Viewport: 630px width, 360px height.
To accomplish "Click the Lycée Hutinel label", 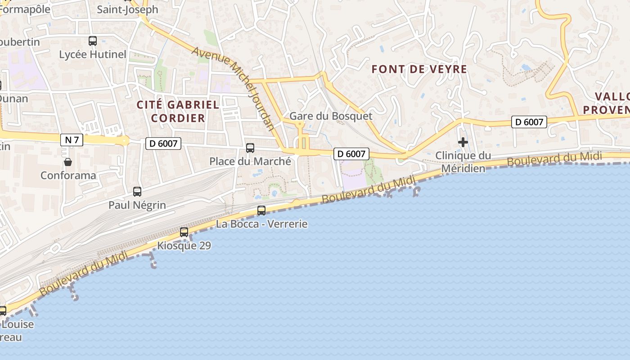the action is tap(93, 54).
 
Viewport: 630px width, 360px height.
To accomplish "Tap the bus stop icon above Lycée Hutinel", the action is tap(93, 41).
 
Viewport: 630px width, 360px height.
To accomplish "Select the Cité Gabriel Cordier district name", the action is tap(178, 112).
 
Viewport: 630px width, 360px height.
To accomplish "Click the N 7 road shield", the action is tap(72, 139).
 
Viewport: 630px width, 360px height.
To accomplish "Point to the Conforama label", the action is tap(68, 175).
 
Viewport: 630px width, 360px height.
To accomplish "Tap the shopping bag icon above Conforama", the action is tap(68, 162).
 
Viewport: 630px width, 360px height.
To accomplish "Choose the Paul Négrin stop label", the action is tap(137, 205).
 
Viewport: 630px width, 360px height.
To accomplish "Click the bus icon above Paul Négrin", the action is tap(137, 192).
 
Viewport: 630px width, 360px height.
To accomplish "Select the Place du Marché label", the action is tap(250, 161).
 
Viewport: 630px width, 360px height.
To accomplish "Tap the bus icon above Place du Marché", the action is tap(250, 148).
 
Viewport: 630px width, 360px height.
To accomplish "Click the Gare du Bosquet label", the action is tap(331, 116).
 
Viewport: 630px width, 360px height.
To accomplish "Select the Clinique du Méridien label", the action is tap(463, 162).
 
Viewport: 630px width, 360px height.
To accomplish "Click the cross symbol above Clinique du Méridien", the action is tap(463, 143).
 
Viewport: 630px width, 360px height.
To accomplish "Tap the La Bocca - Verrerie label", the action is tap(261, 224).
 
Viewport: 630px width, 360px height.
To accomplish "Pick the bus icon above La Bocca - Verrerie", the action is tap(261, 210).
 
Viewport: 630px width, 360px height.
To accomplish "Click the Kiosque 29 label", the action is tap(184, 246).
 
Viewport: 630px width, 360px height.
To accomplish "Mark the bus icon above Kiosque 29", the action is tap(184, 232).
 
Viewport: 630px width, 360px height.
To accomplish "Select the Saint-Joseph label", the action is tap(128, 9).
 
